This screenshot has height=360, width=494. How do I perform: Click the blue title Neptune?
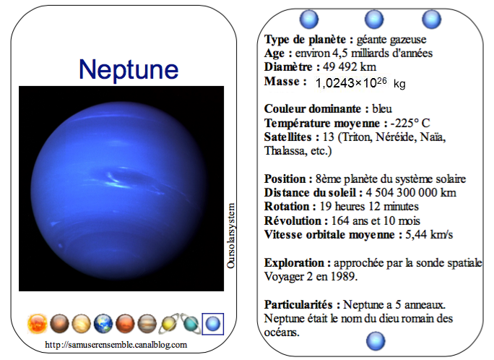click(x=129, y=70)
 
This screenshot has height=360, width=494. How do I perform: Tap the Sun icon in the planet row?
click(x=38, y=324)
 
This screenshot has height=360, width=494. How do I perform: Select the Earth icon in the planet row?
click(x=103, y=324)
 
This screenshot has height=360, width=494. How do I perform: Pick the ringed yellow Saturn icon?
click(x=169, y=324)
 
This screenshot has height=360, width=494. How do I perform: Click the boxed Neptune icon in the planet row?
click(x=212, y=324)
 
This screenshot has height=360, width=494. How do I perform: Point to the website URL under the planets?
click(x=116, y=345)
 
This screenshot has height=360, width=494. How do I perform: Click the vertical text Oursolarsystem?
click(x=231, y=236)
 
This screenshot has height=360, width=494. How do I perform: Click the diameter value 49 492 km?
click(x=350, y=67)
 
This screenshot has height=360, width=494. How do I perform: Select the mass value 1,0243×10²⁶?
click(x=351, y=82)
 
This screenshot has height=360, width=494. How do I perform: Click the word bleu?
click(x=382, y=108)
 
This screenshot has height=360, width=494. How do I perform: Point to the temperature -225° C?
click(x=410, y=123)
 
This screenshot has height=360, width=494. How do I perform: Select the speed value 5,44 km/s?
click(x=429, y=234)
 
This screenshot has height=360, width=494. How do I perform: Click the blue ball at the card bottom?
click(x=376, y=341)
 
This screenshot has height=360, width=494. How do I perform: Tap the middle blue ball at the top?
click(x=374, y=19)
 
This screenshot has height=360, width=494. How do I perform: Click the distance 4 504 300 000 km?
click(x=411, y=192)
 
